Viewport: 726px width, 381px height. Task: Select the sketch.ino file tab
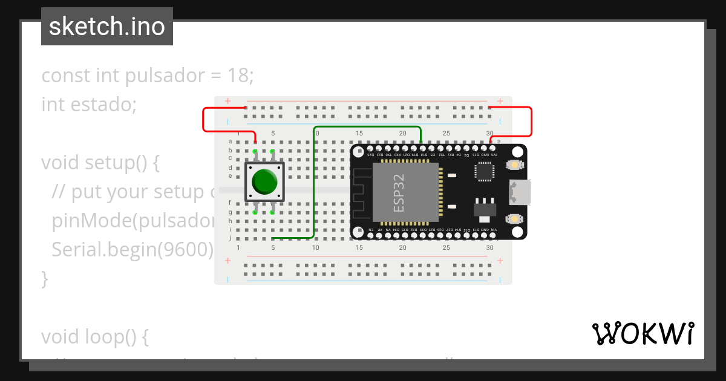coord(107,27)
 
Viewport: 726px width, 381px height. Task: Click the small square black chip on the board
coord(484,171)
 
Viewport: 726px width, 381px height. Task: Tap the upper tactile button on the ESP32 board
coord(514,165)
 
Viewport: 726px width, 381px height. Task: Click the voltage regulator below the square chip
coord(484,207)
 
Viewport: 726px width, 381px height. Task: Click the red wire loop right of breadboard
coord(531,122)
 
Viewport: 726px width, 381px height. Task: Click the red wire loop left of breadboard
coord(203,120)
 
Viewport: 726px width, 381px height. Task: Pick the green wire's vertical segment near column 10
coord(313,181)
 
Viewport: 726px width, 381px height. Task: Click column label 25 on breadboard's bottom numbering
coord(446,247)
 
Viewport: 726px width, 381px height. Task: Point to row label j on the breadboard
coord(230,238)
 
